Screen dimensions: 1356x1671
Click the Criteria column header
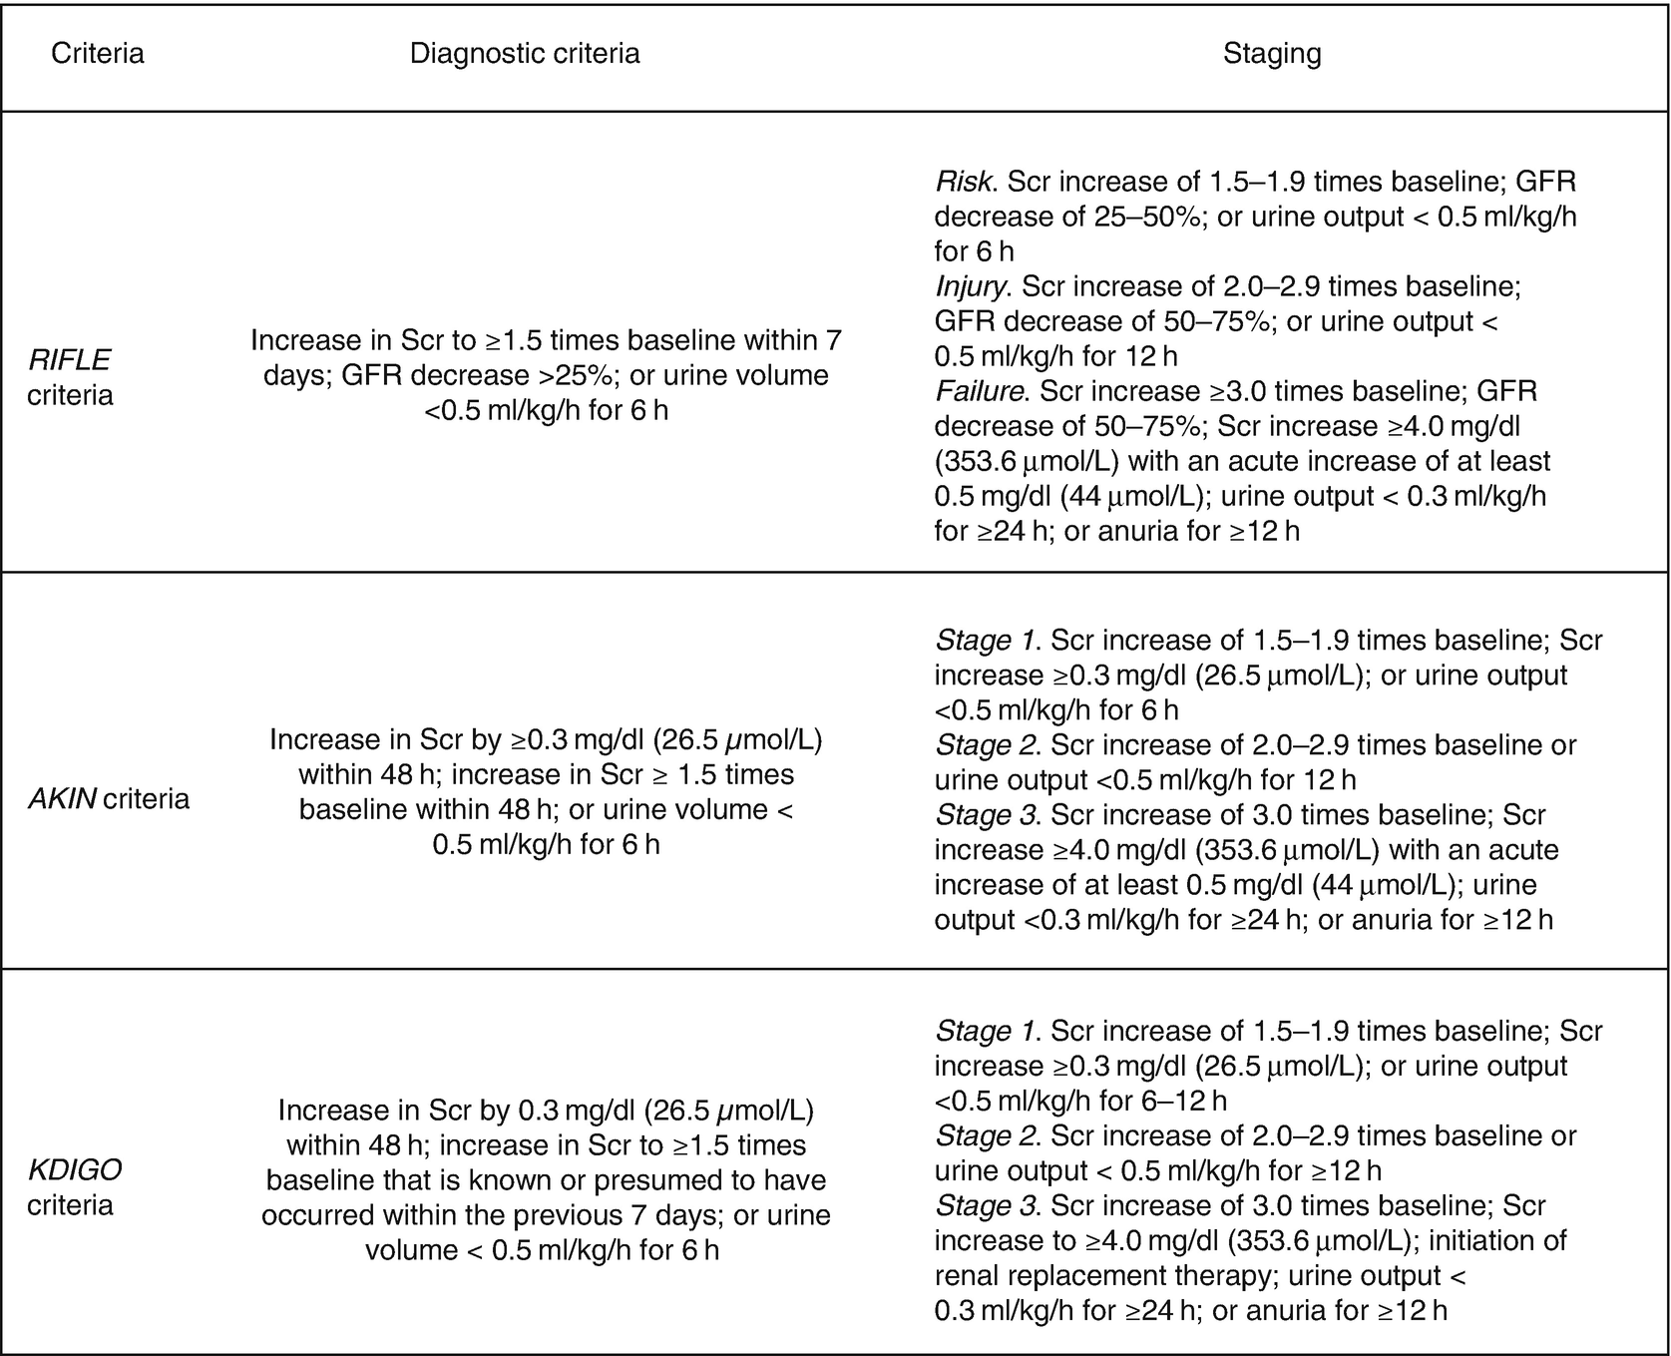click(98, 53)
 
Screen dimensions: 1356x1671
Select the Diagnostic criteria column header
click(525, 53)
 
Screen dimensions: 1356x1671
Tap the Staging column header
click(1272, 53)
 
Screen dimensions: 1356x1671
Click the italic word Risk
click(964, 182)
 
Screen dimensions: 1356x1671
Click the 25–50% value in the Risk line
click(1146, 217)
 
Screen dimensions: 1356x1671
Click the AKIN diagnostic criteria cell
click(546, 792)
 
